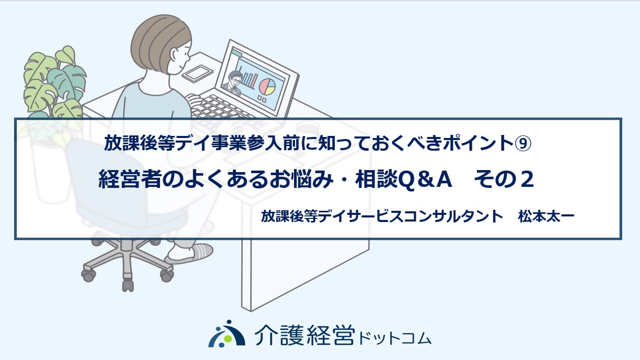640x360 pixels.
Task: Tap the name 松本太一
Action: (x=546, y=216)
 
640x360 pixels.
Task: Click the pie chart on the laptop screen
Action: (x=267, y=87)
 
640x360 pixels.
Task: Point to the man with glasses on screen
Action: (x=232, y=82)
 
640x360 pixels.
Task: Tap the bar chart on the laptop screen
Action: (x=248, y=77)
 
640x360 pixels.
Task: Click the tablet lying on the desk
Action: (x=197, y=73)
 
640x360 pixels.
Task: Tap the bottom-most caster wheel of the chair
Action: (x=128, y=286)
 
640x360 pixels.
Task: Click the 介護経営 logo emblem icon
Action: (x=227, y=334)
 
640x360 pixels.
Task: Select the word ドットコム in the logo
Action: (x=394, y=339)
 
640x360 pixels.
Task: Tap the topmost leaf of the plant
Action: (x=66, y=54)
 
